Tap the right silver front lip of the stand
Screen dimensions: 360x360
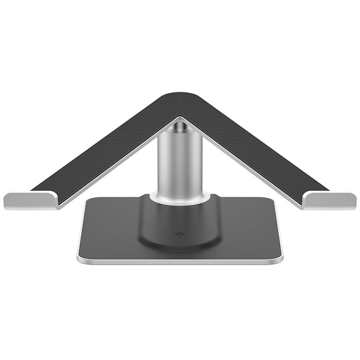331,200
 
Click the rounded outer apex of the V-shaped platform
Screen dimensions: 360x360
180,95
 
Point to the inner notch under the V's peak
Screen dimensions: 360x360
180,118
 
